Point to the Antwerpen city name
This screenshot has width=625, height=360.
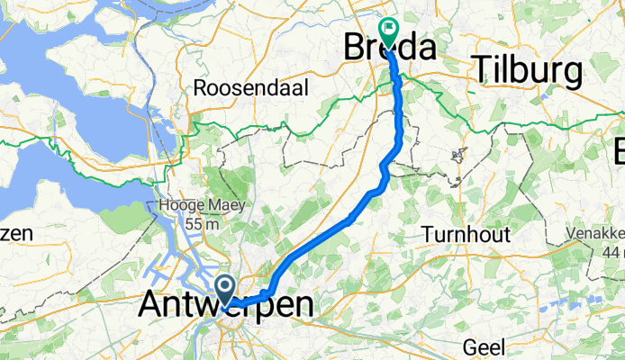tap(227, 305)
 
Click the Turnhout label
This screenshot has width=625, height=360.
tap(466, 235)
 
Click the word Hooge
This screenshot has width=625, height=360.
tap(177, 205)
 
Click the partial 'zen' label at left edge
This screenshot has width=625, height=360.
tap(16, 234)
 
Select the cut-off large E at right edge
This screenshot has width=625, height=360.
tap(619, 148)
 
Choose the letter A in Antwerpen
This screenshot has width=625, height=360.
tap(153, 305)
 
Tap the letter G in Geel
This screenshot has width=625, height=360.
tap(467, 345)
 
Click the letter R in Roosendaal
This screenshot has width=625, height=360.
tap(201, 89)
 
